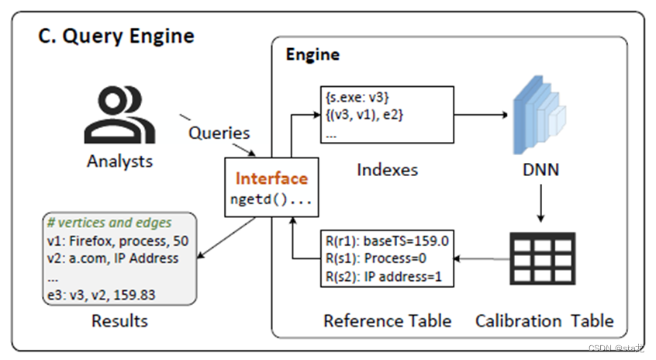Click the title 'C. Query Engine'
[117, 36]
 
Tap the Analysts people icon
[119, 116]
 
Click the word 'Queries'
[219, 133]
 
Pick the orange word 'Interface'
[271, 178]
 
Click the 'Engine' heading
[312, 54]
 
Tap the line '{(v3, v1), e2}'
[361, 115]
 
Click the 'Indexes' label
[387, 168]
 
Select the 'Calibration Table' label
[544, 320]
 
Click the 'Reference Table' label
[388, 320]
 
